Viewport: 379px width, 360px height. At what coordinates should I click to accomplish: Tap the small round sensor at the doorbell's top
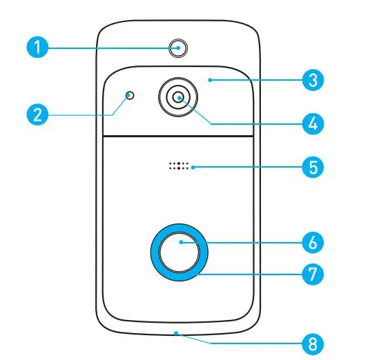(x=179, y=48)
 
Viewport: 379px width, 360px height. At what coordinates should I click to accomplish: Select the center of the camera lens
(x=179, y=98)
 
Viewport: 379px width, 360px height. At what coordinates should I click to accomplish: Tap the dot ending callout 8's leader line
(x=177, y=332)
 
